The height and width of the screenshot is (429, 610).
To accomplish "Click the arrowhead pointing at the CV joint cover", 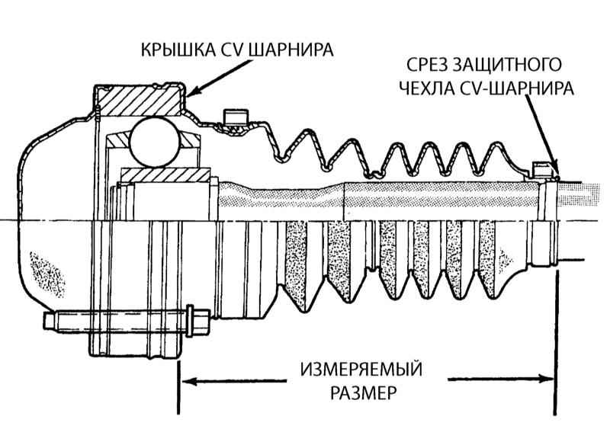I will click(191, 94).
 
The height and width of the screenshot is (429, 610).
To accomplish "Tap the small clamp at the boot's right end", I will click(543, 168).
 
